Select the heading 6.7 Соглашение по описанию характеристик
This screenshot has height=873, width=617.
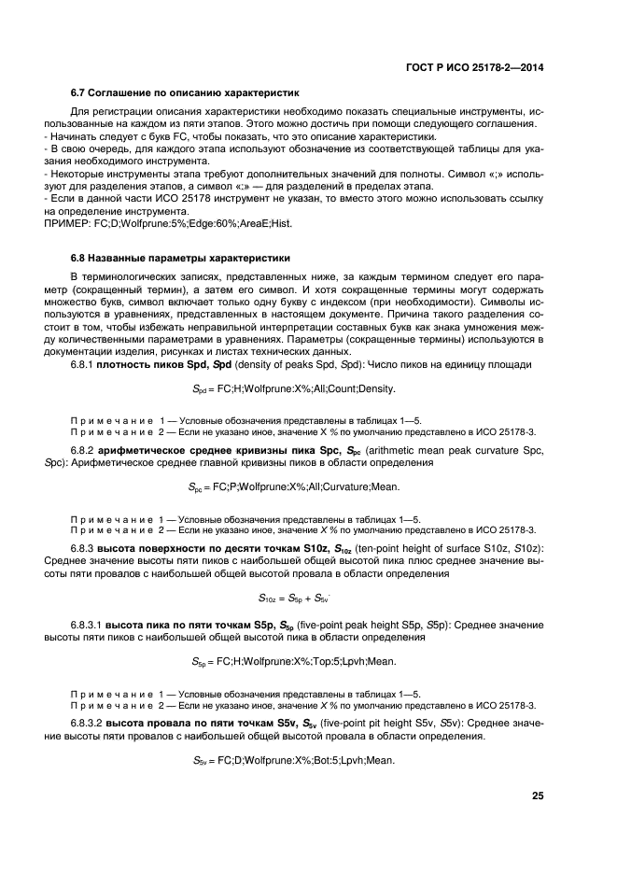pyautogui.click(x=184, y=93)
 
